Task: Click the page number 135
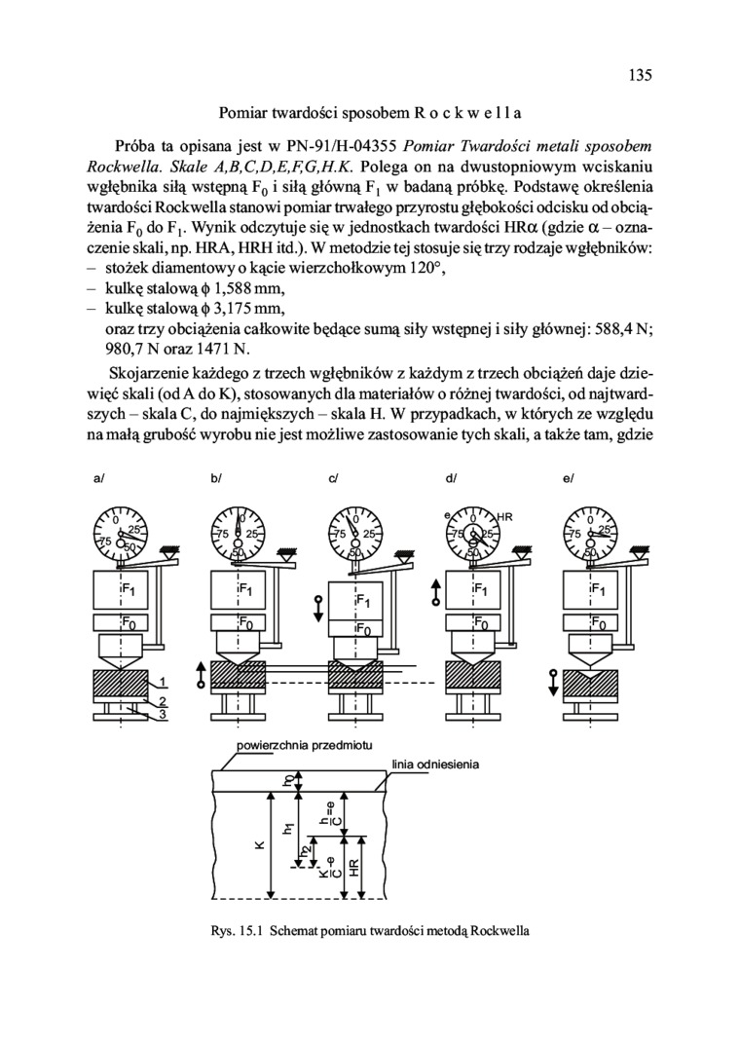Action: pyautogui.click(x=639, y=75)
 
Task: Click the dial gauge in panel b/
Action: pyautogui.click(x=238, y=534)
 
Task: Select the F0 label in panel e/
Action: pyautogui.click(x=598, y=623)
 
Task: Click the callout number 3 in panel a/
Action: pyautogui.click(x=164, y=716)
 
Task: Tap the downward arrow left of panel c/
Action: pyautogui.click(x=317, y=607)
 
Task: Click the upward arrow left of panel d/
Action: pyautogui.click(x=435, y=590)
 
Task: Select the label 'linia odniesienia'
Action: pyautogui.click(x=434, y=764)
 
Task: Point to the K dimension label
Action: pyautogui.click(x=259, y=845)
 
